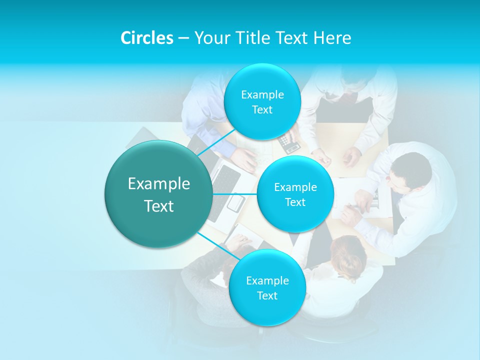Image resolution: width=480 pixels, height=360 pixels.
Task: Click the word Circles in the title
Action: coord(147,38)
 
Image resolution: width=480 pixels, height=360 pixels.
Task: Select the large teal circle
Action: coord(158,194)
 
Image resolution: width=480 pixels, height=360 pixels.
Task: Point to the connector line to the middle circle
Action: coord(235,193)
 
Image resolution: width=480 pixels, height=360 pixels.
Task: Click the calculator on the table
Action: coord(289,143)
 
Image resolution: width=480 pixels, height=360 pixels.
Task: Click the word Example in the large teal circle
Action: coord(158,184)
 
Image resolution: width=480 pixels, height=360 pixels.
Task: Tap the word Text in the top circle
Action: coord(262,110)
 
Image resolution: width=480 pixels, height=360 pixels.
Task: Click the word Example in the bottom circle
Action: coord(267,280)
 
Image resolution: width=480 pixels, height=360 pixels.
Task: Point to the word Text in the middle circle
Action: coord(295,202)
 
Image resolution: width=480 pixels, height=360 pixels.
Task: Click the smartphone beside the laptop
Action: coord(235,202)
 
